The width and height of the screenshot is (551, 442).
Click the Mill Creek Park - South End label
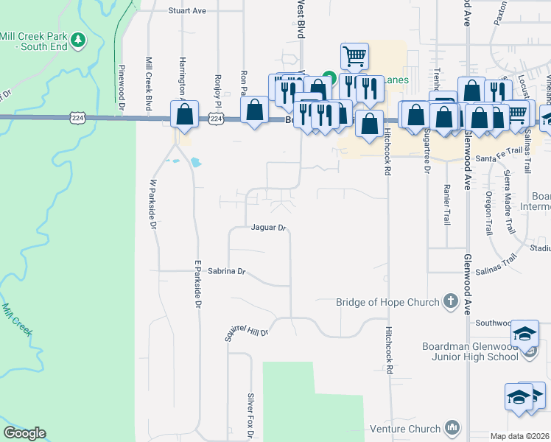coord(34,41)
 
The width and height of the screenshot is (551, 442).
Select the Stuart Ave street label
coord(187,11)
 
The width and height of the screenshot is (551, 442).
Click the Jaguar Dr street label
coord(267,228)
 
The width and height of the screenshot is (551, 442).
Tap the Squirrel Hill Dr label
coord(247,332)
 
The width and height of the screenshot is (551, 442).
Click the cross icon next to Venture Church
coord(452,427)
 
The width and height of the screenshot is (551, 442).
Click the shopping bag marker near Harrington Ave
coord(184,115)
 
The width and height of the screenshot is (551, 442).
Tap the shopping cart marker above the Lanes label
coord(354,56)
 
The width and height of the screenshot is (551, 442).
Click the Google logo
coord(24,433)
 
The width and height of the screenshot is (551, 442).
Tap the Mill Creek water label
coord(18,321)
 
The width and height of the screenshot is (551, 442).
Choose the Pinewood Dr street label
coord(120,89)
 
